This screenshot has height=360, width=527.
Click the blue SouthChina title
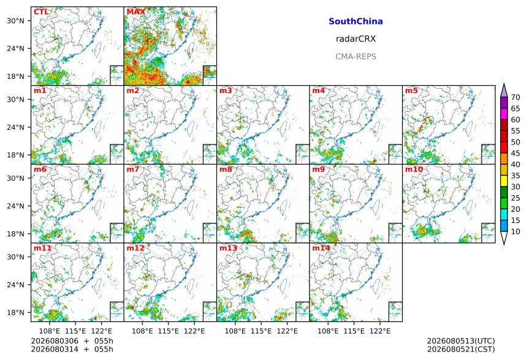pyautogui.click(x=355, y=21)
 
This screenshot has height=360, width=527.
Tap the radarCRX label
pyautogui.click(x=355, y=39)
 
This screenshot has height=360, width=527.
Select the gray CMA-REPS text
pyautogui.click(x=355, y=56)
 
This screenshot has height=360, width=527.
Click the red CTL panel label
pyautogui.click(x=41, y=12)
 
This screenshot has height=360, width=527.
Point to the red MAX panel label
pyautogui.click(x=136, y=12)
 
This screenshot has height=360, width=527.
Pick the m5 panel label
pyautogui.click(x=411, y=91)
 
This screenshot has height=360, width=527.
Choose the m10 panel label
pyautogui.click(x=414, y=169)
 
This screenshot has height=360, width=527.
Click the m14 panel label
pyautogui.click(x=321, y=248)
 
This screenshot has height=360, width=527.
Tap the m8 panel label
pyautogui.click(x=226, y=169)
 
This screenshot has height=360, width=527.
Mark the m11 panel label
pyautogui.click(x=42, y=248)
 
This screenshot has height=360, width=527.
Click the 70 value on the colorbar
pyautogui.click(x=515, y=97)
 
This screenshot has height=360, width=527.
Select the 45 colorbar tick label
pyautogui.click(x=515, y=154)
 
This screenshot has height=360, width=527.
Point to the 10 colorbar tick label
pyautogui.click(x=515, y=231)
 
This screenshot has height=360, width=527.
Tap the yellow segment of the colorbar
pyautogui.click(x=504, y=181)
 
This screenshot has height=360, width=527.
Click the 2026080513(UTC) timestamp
pyautogui.click(x=461, y=341)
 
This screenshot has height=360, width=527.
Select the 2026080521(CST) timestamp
pyautogui.click(x=461, y=350)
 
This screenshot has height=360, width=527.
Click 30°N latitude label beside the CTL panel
pyautogui.click(x=16, y=21)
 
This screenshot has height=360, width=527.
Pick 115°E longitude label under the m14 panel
pyautogui.click(x=354, y=331)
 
